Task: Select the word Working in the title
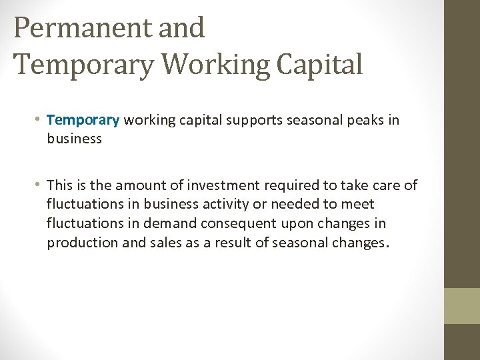point(215,64)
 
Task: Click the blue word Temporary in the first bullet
point(83,120)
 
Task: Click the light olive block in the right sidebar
point(462,305)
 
